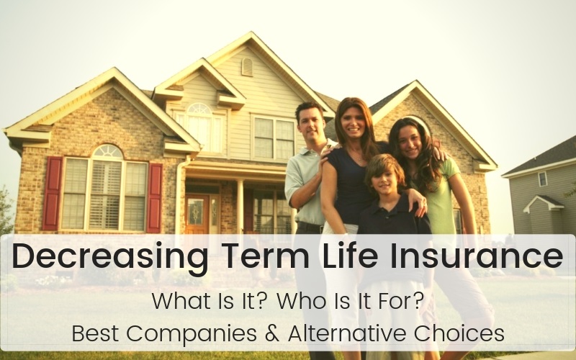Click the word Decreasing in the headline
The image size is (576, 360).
point(110,257)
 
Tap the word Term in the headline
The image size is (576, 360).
point(265,254)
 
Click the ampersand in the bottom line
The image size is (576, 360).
point(272,333)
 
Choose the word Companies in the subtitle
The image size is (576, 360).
point(191,334)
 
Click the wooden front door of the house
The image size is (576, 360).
point(197,214)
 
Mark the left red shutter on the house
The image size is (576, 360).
point(52,193)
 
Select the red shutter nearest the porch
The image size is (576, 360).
point(154,198)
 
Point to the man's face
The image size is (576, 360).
point(311,123)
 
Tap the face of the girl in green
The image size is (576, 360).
point(410,141)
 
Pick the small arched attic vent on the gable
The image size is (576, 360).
point(247,67)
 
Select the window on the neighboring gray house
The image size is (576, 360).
point(543,179)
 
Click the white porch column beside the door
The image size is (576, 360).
point(240,207)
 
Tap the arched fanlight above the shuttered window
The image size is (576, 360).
point(107,151)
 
